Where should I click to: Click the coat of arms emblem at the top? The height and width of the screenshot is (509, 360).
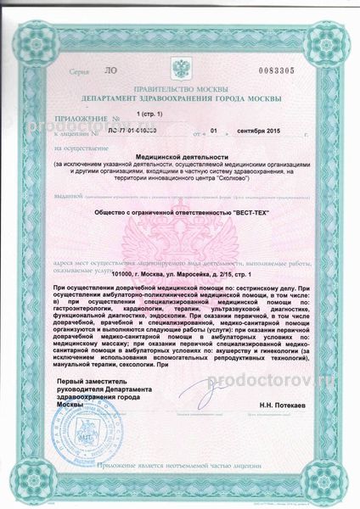tap(181, 67)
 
